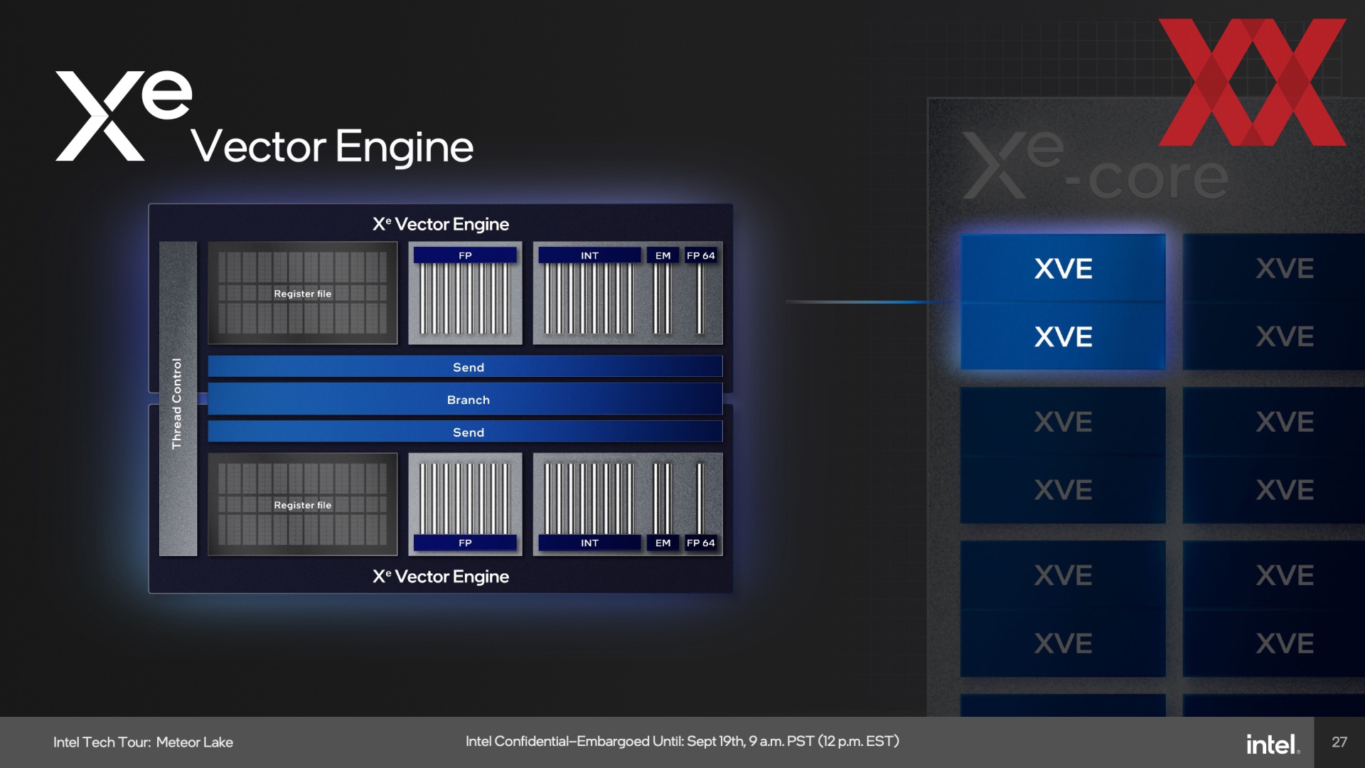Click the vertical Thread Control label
point(177,403)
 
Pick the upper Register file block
point(303,293)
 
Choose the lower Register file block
point(303,504)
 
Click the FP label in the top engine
point(465,255)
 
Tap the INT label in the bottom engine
point(589,543)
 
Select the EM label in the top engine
point(663,255)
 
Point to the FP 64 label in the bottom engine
point(701,543)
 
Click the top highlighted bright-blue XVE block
point(1063,268)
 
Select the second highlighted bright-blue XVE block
point(1063,336)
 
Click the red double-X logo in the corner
point(1253,82)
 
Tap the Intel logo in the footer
point(1273,744)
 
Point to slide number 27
point(1339,742)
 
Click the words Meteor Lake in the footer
point(195,742)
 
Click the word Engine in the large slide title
point(405,148)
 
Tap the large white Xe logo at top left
point(124,115)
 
